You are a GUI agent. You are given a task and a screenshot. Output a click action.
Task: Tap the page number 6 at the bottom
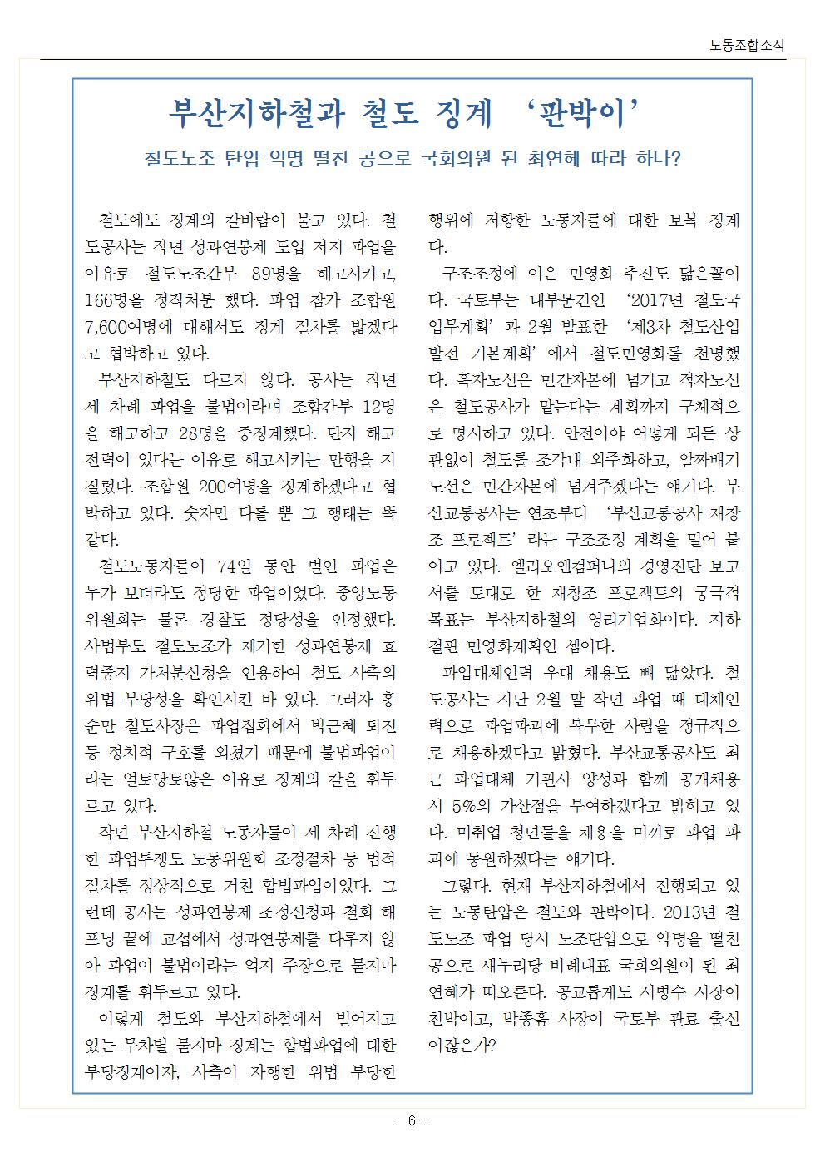click(411, 1120)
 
